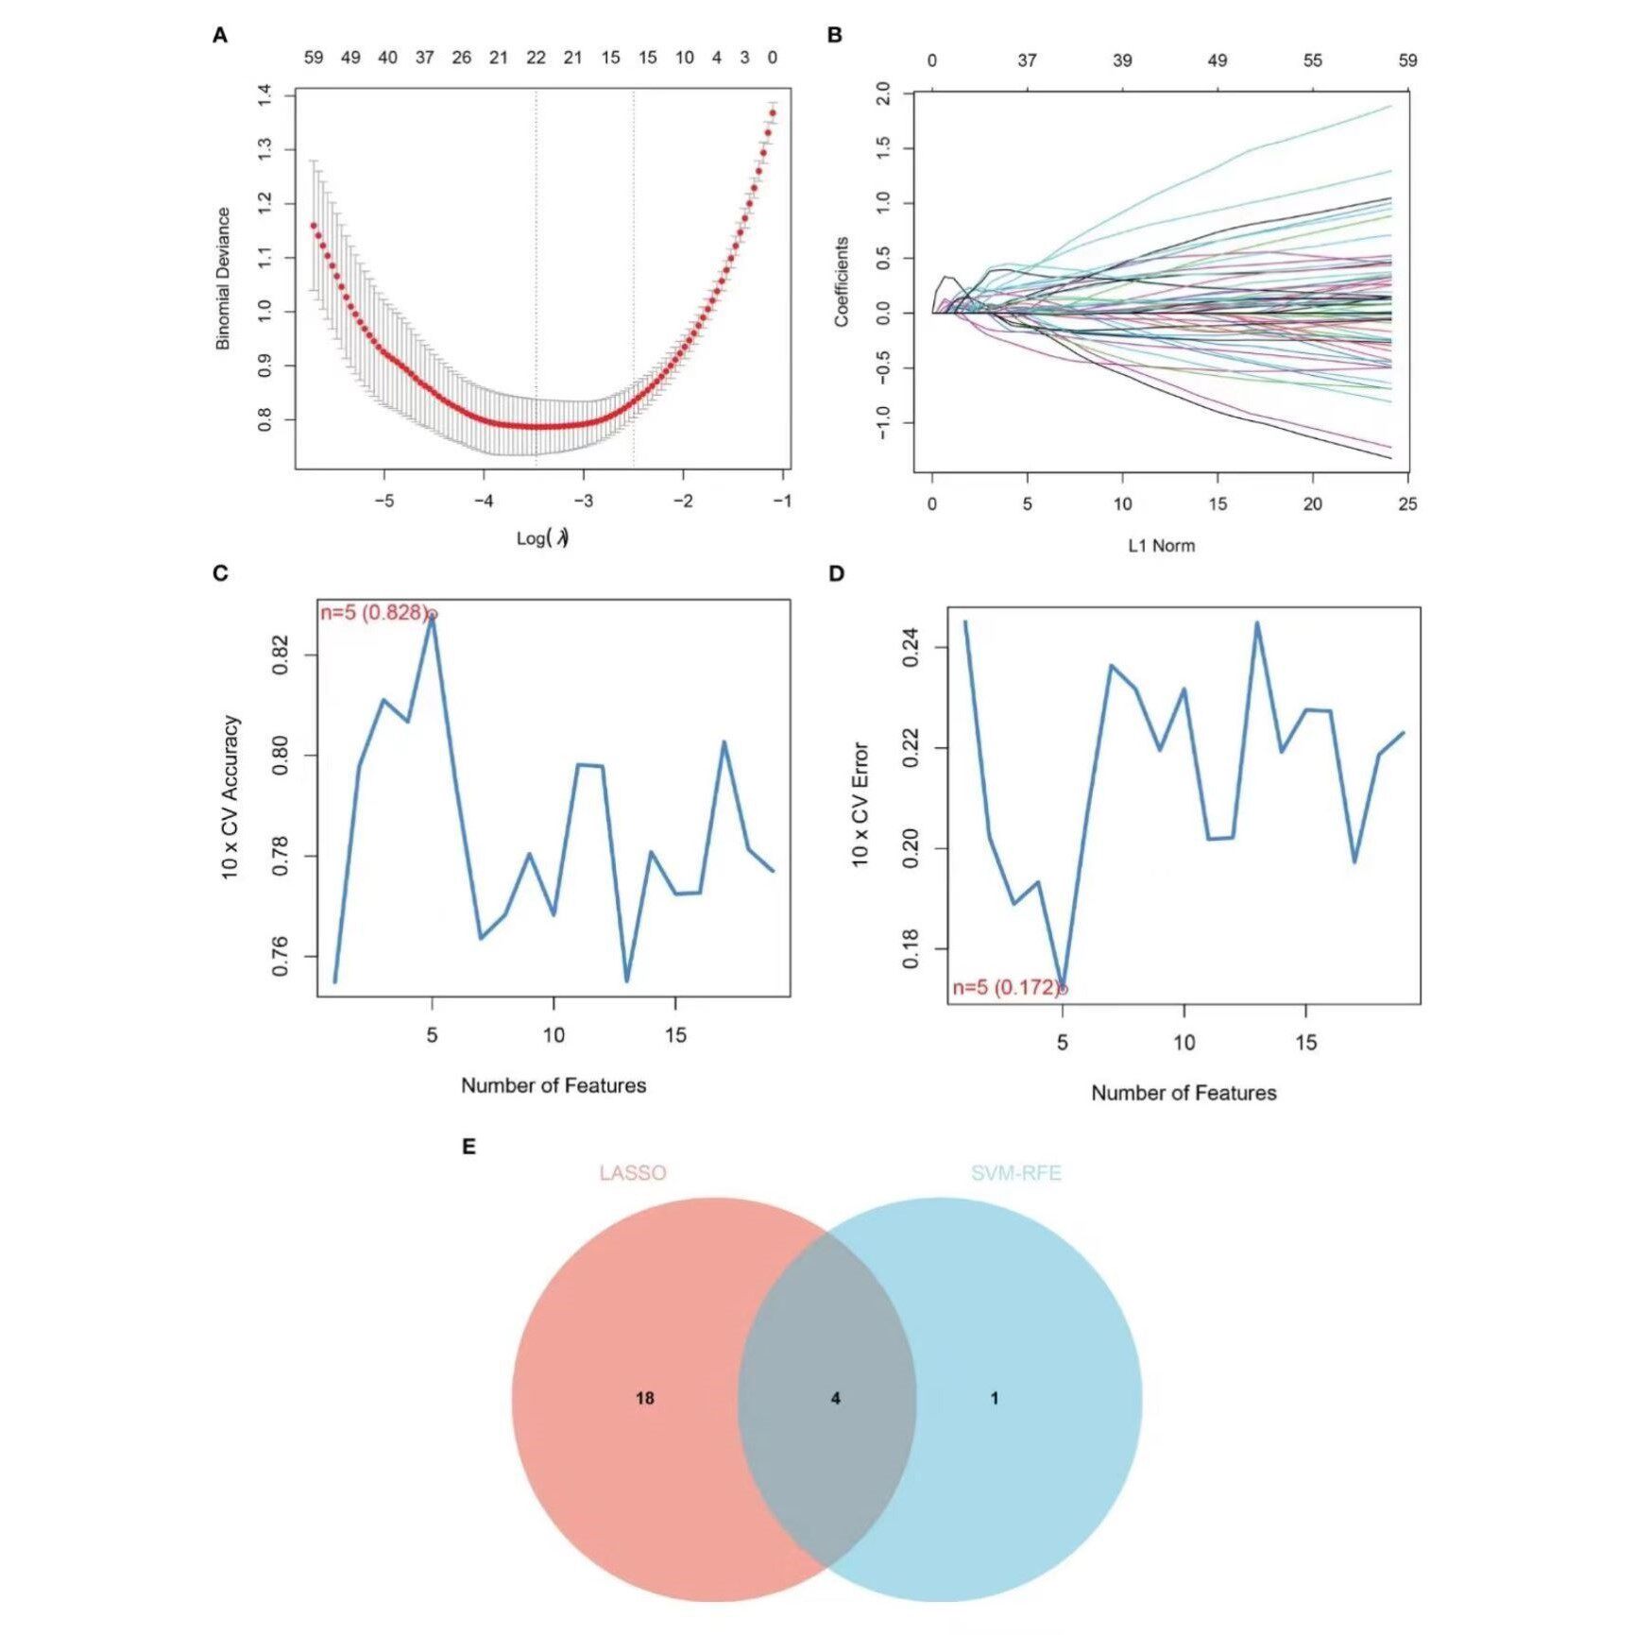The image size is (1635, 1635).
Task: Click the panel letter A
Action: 220,36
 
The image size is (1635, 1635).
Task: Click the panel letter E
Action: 468,1147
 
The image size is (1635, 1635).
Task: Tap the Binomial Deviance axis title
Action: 224,279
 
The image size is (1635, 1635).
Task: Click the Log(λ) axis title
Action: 542,538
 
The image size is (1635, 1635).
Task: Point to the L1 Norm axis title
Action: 1161,546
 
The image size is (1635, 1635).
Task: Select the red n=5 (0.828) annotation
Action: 374,613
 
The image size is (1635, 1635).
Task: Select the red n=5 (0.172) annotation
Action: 1006,988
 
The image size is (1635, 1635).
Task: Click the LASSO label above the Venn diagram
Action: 633,1173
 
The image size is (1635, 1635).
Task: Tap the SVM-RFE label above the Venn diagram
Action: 1016,1173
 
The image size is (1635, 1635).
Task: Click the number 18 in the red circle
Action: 645,1398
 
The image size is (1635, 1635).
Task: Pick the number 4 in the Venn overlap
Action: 835,1398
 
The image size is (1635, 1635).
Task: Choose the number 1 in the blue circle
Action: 995,1398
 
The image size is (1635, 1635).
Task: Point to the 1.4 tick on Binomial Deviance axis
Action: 264,94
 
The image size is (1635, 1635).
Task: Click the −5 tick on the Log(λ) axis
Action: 383,502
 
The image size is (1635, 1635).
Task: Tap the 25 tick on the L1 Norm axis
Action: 1407,504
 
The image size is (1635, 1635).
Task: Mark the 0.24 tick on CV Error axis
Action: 911,649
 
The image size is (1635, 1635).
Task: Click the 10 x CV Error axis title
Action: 860,805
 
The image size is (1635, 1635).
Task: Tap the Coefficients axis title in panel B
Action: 842,281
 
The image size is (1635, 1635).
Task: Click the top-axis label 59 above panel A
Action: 314,58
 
